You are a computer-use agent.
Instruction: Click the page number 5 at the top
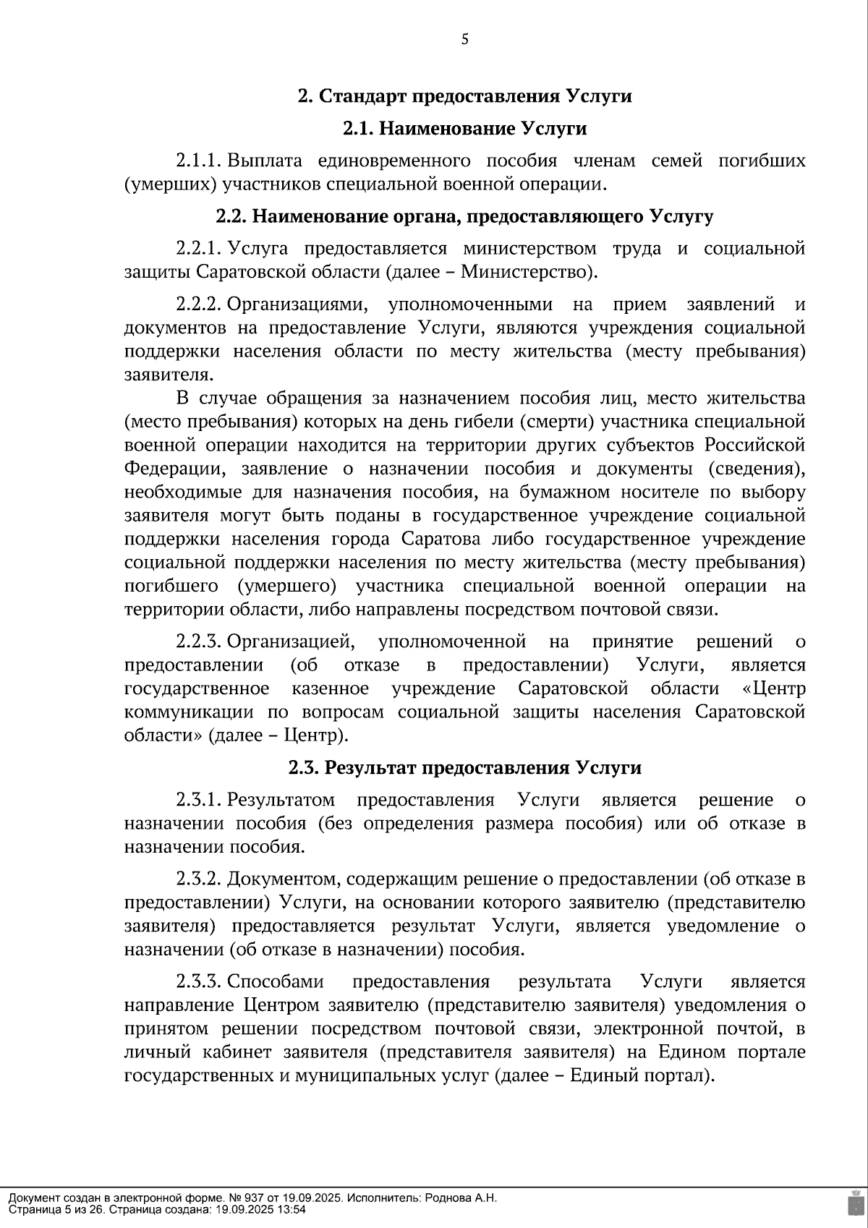[x=464, y=40]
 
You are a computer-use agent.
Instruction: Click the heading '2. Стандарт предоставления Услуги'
[x=465, y=96]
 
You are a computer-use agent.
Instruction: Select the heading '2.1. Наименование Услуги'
[x=464, y=129]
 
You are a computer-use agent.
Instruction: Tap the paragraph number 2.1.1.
[x=198, y=161]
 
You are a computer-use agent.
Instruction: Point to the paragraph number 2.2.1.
[x=198, y=249]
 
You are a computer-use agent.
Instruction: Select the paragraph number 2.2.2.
[x=198, y=304]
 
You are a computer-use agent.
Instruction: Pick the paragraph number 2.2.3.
[x=198, y=641]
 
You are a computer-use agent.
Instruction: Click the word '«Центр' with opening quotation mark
[x=774, y=688]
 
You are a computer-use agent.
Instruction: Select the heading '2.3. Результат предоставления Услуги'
[x=464, y=768]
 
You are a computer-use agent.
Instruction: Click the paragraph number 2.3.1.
[x=198, y=800]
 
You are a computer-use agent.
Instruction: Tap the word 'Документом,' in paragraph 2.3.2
[x=284, y=879]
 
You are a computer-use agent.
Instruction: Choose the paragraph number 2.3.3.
[x=198, y=982]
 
